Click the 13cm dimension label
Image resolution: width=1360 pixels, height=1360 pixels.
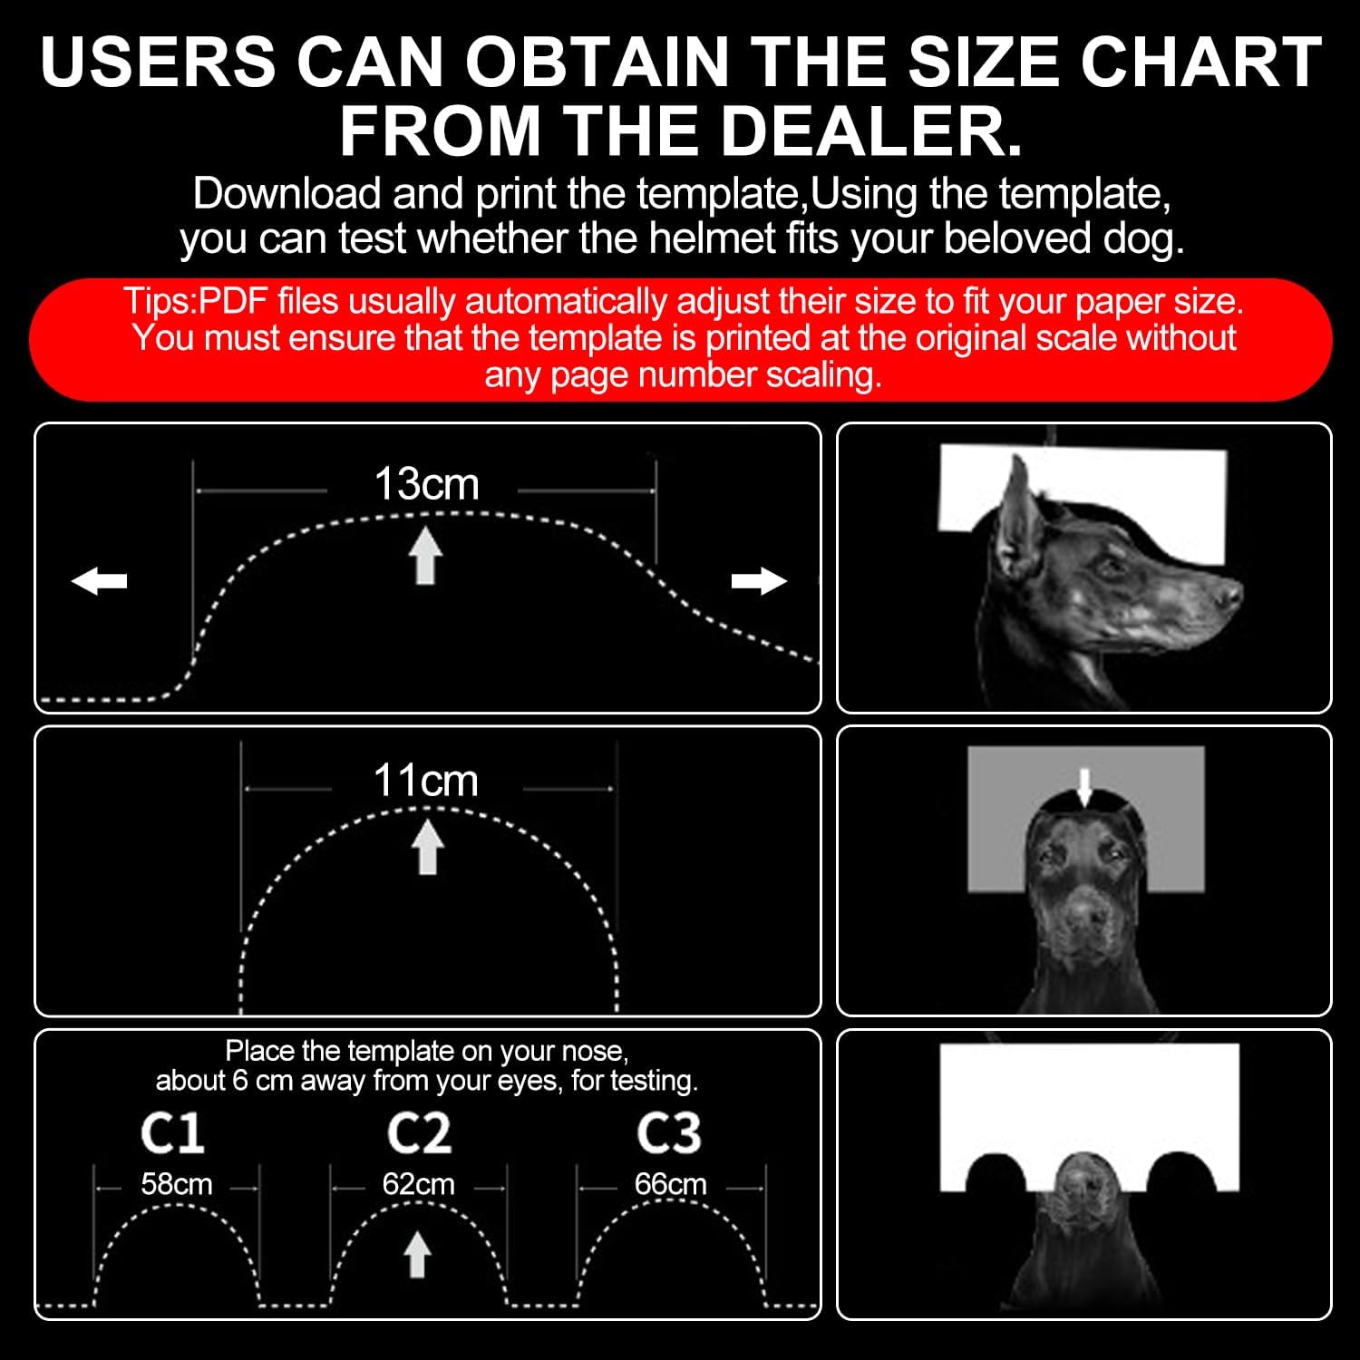coord(426,484)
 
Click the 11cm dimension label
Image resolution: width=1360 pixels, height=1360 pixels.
coord(425,780)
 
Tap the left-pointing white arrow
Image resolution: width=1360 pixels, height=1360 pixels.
coord(100,580)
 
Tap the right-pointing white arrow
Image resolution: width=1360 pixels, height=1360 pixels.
coord(759,580)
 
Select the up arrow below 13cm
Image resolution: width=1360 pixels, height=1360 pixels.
coord(425,555)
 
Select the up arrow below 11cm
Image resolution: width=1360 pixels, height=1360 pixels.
coord(427,847)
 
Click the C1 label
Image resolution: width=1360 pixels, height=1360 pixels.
coord(172,1133)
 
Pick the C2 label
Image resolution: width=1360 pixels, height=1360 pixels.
coord(419,1133)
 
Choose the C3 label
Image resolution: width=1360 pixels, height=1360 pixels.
coord(669,1133)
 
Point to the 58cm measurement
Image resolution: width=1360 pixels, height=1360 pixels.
coord(177,1184)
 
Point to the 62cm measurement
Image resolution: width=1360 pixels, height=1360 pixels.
coord(418,1184)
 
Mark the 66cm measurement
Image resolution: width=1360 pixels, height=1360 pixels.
coord(670,1184)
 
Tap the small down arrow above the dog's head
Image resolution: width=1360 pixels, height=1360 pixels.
coord(1084,787)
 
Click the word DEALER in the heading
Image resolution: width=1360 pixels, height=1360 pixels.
coord(870,131)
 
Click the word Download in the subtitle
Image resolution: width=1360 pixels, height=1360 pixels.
coord(287,193)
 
